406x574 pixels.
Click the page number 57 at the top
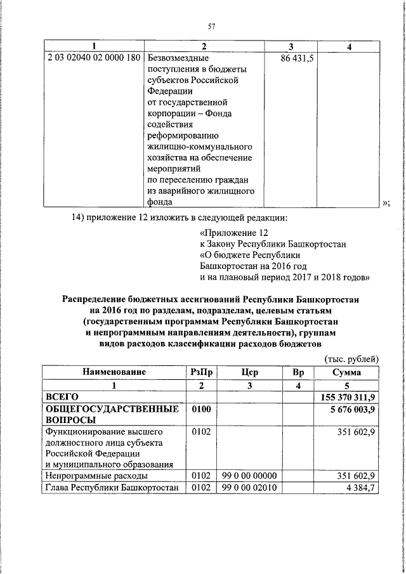tap(211, 25)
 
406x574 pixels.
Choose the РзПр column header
tap(201, 372)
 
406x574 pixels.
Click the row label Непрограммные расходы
tap(95, 475)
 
